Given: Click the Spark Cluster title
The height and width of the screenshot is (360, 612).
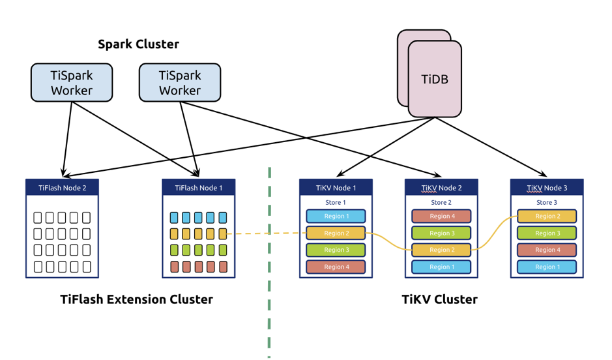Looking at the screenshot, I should pyautogui.click(x=138, y=44).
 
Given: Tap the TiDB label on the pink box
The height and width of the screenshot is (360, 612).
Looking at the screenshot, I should pyautogui.click(x=435, y=80).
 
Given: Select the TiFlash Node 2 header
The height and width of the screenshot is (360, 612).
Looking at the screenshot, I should pyautogui.click(x=62, y=187).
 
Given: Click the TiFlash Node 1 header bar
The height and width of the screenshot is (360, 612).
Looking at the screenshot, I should pyautogui.click(x=198, y=187).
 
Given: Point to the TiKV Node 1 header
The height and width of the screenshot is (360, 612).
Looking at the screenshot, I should pyautogui.click(x=336, y=187).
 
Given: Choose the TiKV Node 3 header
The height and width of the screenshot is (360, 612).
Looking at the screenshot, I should pyautogui.click(x=547, y=187).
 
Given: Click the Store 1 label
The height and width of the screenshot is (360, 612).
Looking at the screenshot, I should pyautogui.click(x=336, y=202).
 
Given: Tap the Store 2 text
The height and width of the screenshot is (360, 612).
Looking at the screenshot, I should pyautogui.click(x=441, y=202).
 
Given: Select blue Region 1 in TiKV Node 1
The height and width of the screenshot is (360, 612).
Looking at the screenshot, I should pyautogui.click(x=336, y=216).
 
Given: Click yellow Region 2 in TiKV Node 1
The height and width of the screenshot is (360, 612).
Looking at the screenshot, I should pyautogui.click(x=336, y=233).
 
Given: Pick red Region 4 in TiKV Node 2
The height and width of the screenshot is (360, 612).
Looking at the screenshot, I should pyautogui.click(x=441, y=216).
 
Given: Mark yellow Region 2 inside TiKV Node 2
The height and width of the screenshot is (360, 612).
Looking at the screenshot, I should pyautogui.click(x=441, y=250).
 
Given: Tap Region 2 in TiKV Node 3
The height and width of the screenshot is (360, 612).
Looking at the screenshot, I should pyautogui.click(x=547, y=216).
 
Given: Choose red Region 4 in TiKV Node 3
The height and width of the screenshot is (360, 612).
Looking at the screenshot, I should pyautogui.click(x=547, y=250).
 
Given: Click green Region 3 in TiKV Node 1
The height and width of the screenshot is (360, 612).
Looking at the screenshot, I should pyautogui.click(x=336, y=250).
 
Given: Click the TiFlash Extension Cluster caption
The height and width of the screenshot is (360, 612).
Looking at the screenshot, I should pyautogui.click(x=136, y=300).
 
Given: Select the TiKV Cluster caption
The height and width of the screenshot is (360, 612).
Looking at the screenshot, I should pyautogui.click(x=439, y=300).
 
